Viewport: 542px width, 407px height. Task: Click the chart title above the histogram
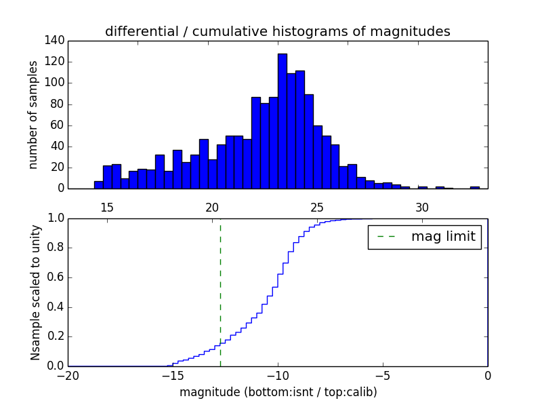tap(277, 32)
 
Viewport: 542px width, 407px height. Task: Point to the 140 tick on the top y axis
tap(56, 41)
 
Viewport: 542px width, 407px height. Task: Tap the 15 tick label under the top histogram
tap(107, 207)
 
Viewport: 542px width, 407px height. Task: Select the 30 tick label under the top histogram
tap(422, 207)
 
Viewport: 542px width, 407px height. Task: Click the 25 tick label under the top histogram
tap(317, 207)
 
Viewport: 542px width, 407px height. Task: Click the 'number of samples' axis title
tap(33, 114)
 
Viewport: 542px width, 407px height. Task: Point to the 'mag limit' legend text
tap(443, 237)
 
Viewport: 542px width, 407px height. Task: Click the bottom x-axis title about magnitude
tap(278, 392)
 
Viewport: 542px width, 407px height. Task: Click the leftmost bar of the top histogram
tap(98, 185)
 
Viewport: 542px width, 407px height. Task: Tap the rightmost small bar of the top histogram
tap(475, 187)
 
